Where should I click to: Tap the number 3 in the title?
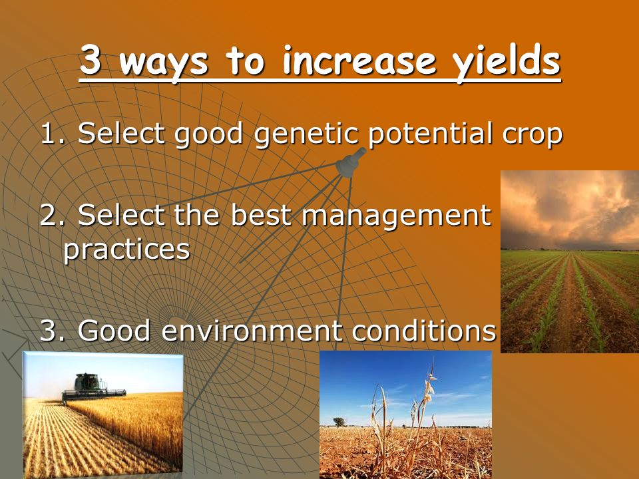pyautogui.click(x=90, y=60)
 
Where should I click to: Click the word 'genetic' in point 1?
pyautogui.click(x=306, y=134)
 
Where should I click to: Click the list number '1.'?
pyautogui.click(x=53, y=133)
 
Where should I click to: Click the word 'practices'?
pyautogui.click(x=127, y=250)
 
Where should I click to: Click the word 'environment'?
pyautogui.click(x=252, y=331)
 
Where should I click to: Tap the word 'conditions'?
pyautogui.click(x=424, y=330)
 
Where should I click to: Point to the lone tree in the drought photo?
pyautogui.click(x=338, y=422)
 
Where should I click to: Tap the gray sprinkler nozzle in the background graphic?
pyautogui.click(x=350, y=162)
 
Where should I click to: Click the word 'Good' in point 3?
pyautogui.click(x=114, y=331)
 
